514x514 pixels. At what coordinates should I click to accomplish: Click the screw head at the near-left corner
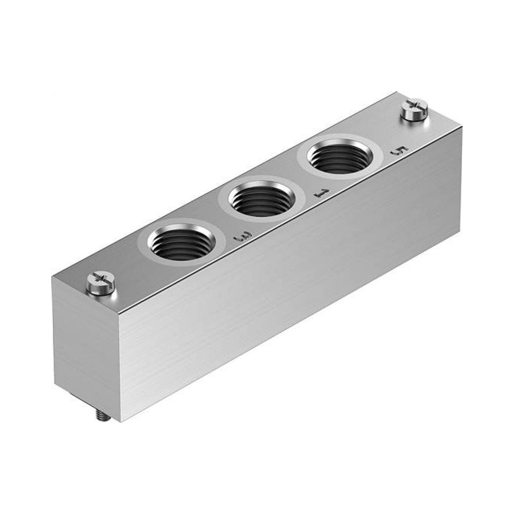click(101, 285)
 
